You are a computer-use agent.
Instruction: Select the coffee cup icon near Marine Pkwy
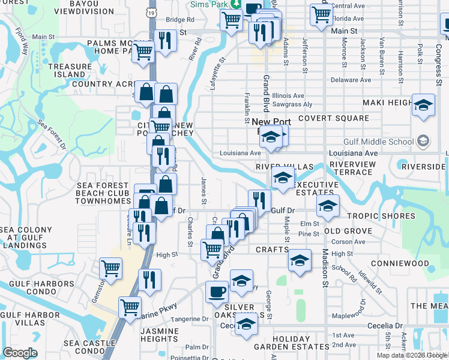217,292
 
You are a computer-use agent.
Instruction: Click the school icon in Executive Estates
328,206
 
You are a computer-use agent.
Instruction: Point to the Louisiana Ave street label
240,153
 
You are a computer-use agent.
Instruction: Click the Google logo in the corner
20,353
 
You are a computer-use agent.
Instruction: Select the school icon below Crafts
300,260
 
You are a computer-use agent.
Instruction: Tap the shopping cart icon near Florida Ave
321,14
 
